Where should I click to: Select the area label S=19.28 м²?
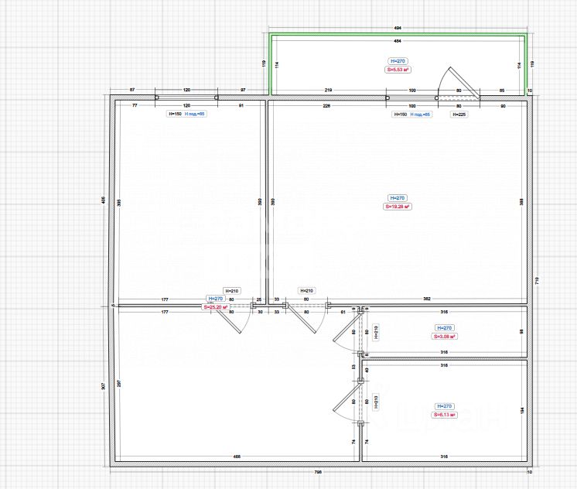(398, 207)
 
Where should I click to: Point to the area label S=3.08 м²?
(444, 337)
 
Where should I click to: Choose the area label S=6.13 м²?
(444, 415)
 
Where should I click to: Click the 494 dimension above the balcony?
(398, 28)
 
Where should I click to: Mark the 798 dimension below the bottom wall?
(317, 472)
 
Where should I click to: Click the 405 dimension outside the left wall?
(104, 200)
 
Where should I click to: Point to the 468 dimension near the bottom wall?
(237, 457)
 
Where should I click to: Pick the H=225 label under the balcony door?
(459, 114)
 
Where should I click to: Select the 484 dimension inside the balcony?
(398, 40)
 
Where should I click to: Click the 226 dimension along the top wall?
(326, 105)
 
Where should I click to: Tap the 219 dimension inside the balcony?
(327, 91)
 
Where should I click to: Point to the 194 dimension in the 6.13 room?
(521, 410)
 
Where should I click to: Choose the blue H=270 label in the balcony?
(398, 60)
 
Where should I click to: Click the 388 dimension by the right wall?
(521, 201)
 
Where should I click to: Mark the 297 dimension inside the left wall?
(118, 384)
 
